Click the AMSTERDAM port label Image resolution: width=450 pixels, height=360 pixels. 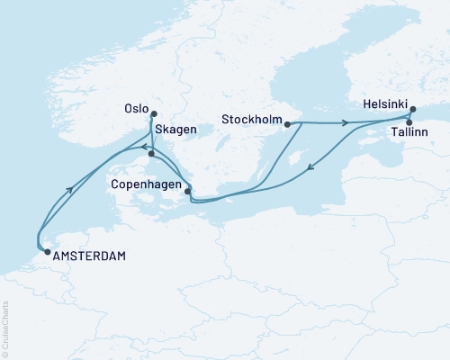coord(89,256)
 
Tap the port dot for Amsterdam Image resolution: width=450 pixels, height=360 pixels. coord(47,253)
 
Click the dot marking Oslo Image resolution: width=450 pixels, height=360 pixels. coord(153,113)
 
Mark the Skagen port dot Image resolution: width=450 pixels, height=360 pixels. coord(152,154)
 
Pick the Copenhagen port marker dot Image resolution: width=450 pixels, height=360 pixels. coord(187,191)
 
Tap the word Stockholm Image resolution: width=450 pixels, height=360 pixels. coord(251,117)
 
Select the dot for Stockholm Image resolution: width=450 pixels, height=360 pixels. coord(287,125)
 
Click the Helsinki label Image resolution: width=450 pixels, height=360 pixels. coord(385,104)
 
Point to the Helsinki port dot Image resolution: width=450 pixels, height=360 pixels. coord(412,111)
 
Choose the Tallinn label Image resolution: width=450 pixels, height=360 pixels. coord(409,132)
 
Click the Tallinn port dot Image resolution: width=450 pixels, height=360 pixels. coord(409,122)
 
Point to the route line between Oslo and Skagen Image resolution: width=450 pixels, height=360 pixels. coord(151,135)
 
